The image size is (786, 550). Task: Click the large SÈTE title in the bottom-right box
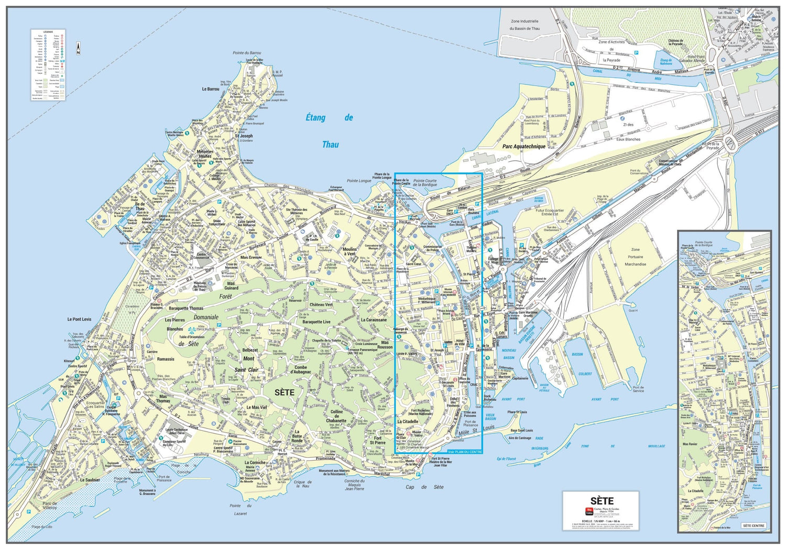tap(602, 501)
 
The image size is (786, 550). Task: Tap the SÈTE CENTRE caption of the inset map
tap(754, 525)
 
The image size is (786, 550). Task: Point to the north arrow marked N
tap(78, 49)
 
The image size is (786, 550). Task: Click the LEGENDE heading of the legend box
tap(48, 32)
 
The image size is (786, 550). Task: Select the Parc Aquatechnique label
tap(523, 147)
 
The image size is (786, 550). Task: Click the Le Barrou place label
tap(211, 89)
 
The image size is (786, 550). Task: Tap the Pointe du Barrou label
tap(247, 53)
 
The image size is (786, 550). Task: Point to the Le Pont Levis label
tap(79, 319)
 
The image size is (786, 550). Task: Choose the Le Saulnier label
tap(90, 480)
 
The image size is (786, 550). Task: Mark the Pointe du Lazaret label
tap(241, 510)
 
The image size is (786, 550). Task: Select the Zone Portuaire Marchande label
tap(635, 257)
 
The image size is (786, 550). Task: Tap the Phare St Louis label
tap(517, 412)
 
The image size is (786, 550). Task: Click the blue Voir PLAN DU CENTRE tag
tap(465, 452)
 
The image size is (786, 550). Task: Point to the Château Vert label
tap(321, 304)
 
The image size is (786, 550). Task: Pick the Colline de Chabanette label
tap(336, 416)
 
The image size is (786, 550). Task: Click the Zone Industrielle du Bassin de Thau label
tap(525, 25)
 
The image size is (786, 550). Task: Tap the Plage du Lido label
tap(41, 527)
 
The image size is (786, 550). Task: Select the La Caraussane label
tap(374, 320)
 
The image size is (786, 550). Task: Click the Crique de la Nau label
tap(302, 484)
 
